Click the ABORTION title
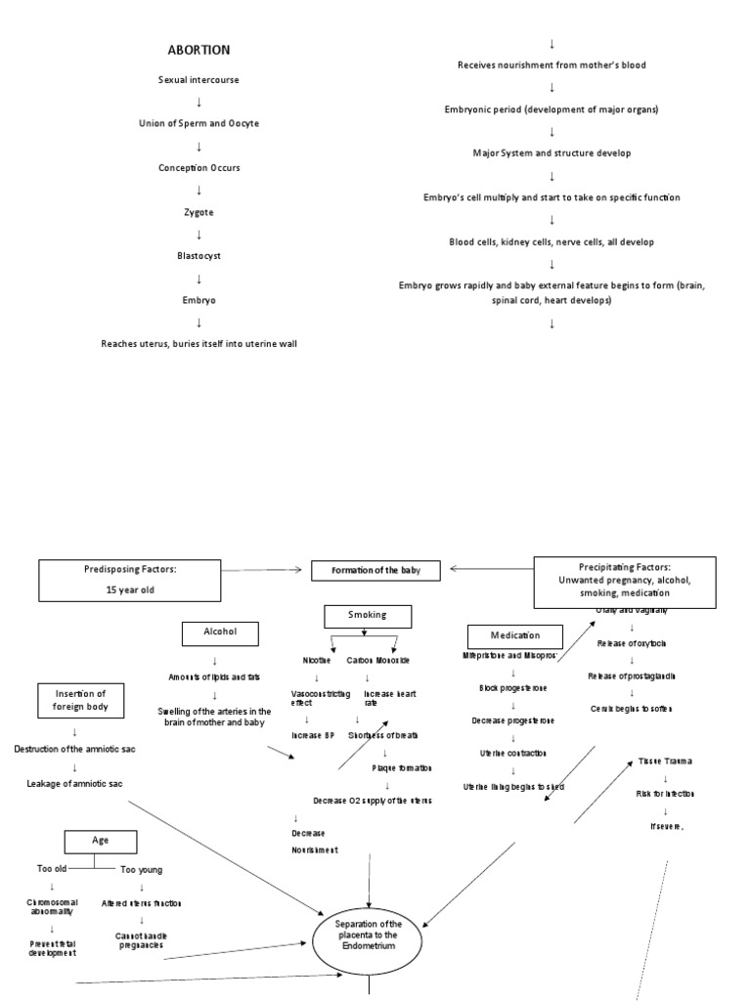click(199, 50)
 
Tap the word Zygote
click(199, 211)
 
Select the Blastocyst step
click(199, 255)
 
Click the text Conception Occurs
click(199, 167)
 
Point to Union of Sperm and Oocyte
click(199, 123)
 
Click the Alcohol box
click(219, 633)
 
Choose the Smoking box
click(368, 615)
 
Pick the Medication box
click(515, 635)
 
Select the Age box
click(101, 841)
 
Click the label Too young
click(141, 869)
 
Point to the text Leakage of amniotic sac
click(75, 783)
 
